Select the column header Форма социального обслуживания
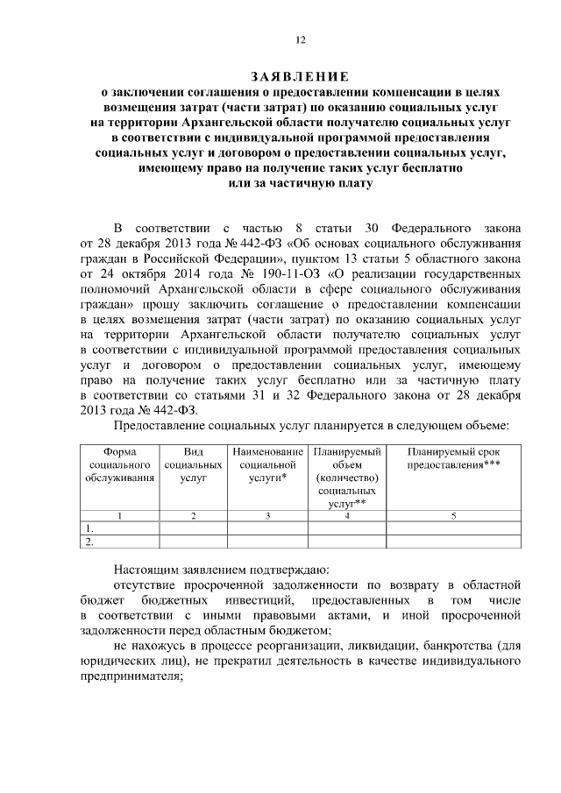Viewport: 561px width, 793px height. (119, 464)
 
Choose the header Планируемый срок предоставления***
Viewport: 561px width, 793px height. (453, 457)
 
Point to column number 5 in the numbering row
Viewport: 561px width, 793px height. (453, 516)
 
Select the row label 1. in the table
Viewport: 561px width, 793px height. (89, 529)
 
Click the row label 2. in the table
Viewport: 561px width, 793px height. (89, 542)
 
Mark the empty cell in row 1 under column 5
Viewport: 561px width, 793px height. (453, 529)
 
